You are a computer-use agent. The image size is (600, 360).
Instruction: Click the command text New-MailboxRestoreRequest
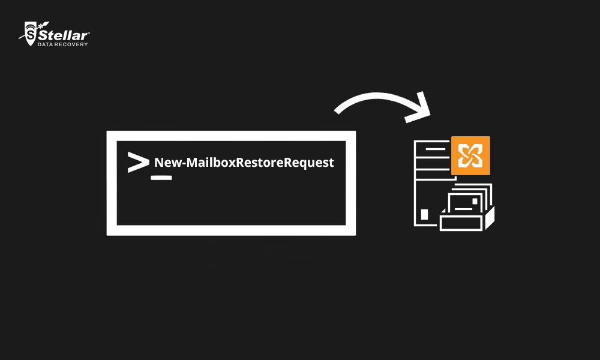(x=244, y=163)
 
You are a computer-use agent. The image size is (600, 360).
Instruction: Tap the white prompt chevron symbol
(x=138, y=163)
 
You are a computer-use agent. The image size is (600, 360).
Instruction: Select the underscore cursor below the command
(x=161, y=178)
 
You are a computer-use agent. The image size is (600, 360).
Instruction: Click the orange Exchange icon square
(x=470, y=155)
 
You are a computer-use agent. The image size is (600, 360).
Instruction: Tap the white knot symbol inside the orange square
(x=470, y=155)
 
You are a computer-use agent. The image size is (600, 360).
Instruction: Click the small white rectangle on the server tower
(x=425, y=214)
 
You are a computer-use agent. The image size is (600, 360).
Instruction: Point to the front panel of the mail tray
(x=462, y=223)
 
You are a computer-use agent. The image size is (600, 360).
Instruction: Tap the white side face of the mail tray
(x=490, y=218)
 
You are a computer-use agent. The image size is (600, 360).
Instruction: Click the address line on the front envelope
(x=462, y=208)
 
